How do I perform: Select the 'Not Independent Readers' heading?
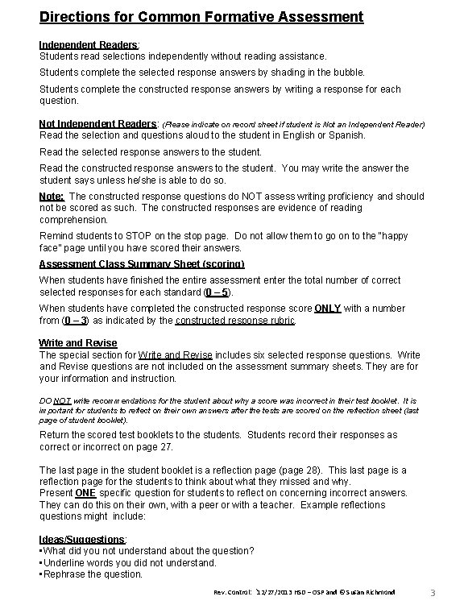99,124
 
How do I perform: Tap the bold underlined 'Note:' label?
52,196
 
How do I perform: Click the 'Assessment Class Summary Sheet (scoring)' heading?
142,263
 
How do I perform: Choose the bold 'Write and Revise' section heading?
78,343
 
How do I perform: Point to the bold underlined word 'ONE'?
86,492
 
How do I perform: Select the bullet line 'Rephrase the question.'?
92,574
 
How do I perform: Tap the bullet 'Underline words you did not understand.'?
129,562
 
